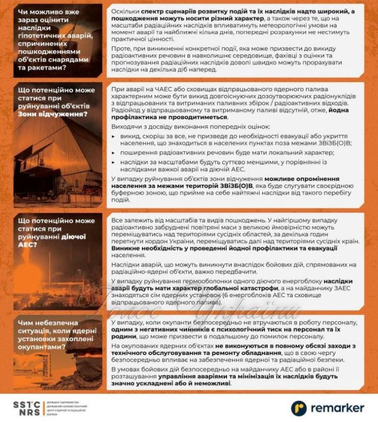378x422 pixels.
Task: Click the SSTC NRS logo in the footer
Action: (26, 407)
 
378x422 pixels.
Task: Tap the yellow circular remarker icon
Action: (299, 407)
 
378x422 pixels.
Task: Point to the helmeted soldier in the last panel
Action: (77, 368)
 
